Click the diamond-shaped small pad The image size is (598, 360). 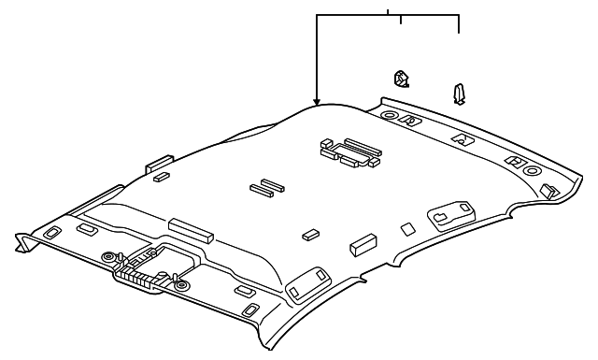point(406,227)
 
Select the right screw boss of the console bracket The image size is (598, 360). point(181,284)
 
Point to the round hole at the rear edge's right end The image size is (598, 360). point(532,171)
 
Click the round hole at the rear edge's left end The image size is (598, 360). point(388,115)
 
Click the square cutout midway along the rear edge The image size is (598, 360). point(463,137)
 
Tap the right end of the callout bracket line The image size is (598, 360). point(458,31)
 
